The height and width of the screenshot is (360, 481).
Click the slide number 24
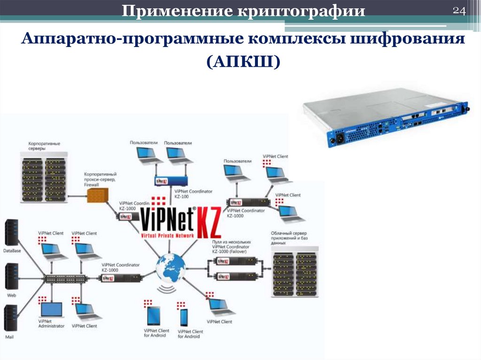458,11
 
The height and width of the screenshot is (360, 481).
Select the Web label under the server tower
11,295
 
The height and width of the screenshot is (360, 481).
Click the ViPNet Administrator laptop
51,310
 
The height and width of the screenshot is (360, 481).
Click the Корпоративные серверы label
44,146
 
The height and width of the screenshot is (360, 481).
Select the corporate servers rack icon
44,179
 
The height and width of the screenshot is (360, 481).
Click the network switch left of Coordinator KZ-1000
65,278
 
